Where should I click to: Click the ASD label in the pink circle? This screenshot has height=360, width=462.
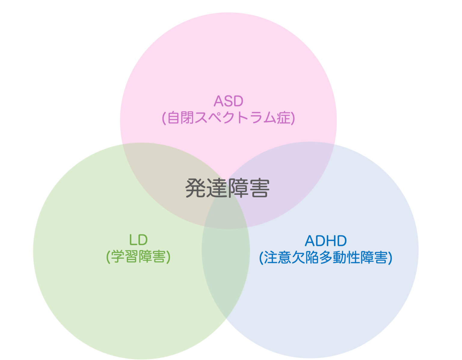[228, 101]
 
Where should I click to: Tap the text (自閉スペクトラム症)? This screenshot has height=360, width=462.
[228, 117]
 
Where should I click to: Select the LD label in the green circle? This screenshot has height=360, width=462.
[138, 240]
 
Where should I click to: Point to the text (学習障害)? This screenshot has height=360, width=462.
[138, 257]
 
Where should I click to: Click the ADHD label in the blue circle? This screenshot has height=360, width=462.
[326, 241]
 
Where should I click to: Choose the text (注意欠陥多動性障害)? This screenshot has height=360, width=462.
[326, 258]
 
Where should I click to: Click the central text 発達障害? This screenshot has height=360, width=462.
[227, 188]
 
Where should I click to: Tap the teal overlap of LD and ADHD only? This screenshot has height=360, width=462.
[226, 270]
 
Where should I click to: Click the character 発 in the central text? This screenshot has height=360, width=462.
[196, 188]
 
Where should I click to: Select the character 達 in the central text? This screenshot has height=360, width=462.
[217, 188]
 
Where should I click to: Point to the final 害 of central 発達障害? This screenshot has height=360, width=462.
[259, 188]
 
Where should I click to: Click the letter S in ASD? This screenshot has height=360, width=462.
[229, 101]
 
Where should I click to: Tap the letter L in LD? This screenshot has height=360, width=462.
[133, 240]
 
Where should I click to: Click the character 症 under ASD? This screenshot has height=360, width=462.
[283, 117]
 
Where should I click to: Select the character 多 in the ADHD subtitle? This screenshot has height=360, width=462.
[326, 258]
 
